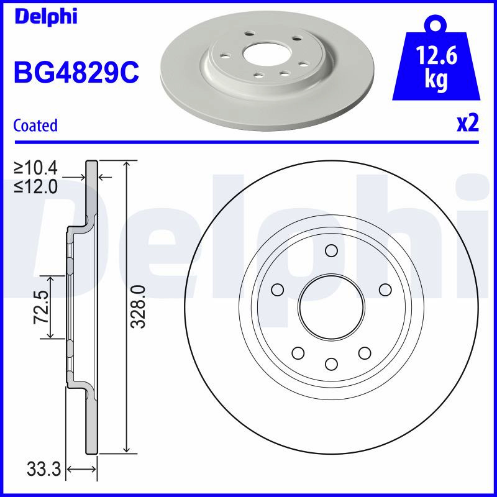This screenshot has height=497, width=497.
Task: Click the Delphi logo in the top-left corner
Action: [x=46, y=17]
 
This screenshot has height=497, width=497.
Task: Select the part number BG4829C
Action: [x=76, y=73]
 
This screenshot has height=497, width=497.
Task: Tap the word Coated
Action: [x=35, y=125]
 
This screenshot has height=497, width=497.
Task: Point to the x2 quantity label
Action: [x=468, y=124]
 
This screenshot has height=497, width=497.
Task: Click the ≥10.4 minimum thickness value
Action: [x=36, y=168]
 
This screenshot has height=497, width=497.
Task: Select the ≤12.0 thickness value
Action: [x=36, y=187]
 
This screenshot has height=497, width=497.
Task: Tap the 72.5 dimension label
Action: [x=41, y=306]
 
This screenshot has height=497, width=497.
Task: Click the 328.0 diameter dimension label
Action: [x=138, y=306]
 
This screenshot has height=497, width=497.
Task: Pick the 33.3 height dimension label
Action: [x=43, y=469]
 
